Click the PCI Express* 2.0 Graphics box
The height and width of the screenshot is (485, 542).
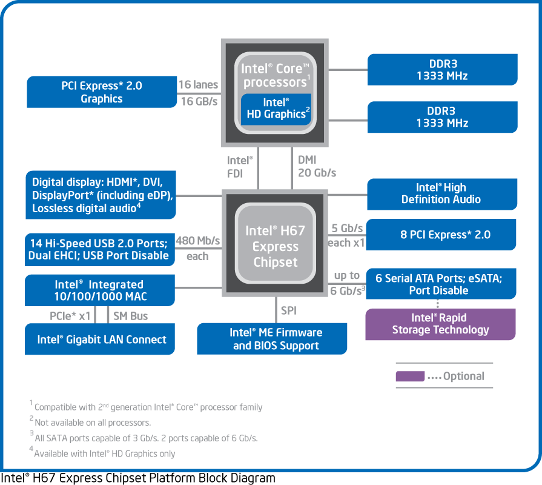click(102, 92)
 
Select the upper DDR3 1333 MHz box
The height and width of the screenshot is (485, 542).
click(443, 70)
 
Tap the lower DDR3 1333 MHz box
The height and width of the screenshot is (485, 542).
click(443, 117)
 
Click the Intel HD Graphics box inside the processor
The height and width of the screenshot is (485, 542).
click(276, 109)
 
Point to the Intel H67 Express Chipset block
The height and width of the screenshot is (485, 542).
click(275, 243)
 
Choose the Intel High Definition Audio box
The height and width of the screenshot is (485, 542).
click(442, 194)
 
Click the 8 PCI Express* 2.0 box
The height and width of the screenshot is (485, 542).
click(441, 235)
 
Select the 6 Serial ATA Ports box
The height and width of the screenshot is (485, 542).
click(441, 284)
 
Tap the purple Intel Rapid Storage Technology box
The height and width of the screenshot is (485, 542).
click(441, 324)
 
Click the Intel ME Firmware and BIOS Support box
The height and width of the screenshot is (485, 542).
click(272, 339)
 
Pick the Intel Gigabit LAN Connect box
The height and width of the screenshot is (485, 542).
click(100, 339)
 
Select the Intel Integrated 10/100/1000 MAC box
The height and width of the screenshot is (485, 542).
click(100, 290)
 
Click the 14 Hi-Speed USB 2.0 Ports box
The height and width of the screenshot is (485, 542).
click(100, 249)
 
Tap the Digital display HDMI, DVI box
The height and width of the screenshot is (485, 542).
click(101, 195)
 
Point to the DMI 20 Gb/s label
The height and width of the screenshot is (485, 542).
click(317, 166)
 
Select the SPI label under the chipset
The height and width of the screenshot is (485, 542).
click(289, 310)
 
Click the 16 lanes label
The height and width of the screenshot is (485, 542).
click(198, 84)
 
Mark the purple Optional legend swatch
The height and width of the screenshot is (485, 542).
click(410, 376)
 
